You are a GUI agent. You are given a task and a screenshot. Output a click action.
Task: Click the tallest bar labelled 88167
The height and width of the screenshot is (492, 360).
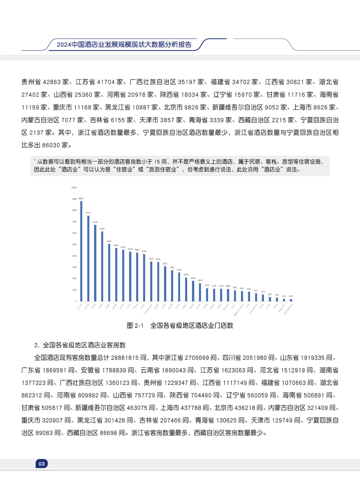point(81,251)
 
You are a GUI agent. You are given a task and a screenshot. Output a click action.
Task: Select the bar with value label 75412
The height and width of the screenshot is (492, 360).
point(88,258)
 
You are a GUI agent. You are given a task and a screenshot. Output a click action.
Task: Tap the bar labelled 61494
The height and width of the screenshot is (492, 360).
point(102,266)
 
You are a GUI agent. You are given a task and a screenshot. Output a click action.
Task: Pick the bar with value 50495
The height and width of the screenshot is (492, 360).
point(109,272)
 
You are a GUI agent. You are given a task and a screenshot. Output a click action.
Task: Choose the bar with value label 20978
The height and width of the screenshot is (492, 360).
point(186,289)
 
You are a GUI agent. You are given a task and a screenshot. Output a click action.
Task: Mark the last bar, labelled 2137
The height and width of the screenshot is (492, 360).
point(291,300)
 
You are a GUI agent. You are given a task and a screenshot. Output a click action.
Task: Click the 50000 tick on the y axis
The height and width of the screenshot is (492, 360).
point(74,244)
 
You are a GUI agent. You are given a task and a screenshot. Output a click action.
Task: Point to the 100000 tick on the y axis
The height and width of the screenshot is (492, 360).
point(74,188)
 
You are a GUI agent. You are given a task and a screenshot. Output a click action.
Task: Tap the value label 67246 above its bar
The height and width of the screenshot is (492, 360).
point(95,222)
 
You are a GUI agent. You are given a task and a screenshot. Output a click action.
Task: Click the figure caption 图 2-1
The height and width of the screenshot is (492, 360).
point(135,326)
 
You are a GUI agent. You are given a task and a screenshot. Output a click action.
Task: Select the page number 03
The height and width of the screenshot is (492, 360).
point(42,464)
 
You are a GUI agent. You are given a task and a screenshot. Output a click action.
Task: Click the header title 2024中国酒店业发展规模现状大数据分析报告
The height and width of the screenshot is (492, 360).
point(124,45)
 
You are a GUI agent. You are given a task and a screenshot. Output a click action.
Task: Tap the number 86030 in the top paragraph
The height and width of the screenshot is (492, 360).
point(51,145)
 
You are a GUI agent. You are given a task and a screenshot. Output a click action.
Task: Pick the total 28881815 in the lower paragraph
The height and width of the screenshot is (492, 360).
point(124,358)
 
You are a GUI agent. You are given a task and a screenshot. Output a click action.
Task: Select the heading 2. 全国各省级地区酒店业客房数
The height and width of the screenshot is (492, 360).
point(80,345)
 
